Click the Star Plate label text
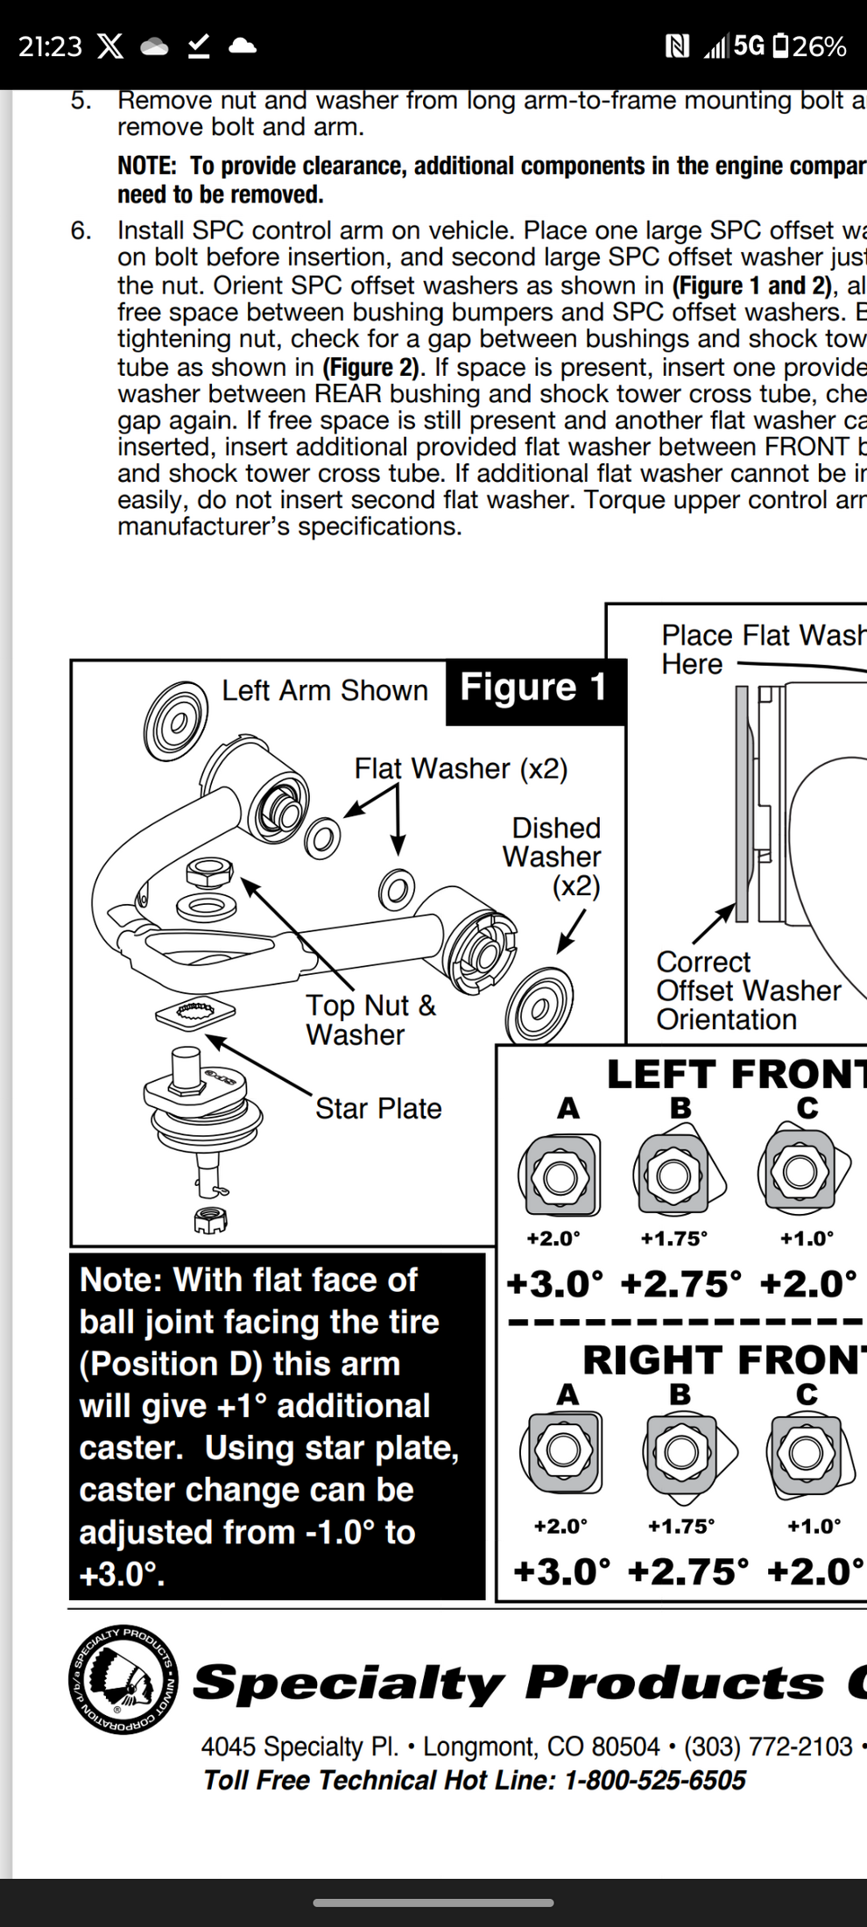tap(378, 1108)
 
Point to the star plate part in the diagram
tap(194, 1013)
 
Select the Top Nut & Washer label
tap(370, 1020)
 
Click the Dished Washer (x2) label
tap(553, 857)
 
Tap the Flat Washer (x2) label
tap(461, 768)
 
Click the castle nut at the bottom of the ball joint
tap(210, 1219)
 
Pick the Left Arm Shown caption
tap(324, 690)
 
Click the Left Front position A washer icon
tap(559, 1175)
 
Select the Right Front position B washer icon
tap(680, 1453)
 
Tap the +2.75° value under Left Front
tap(680, 1284)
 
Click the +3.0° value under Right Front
tap(561, 1571)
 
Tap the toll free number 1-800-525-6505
tap(655, 1781)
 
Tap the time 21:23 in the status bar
tap(50, 46)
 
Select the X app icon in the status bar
tap(109, 46)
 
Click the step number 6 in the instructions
tap(81, 230)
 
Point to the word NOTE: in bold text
tap(147, 166)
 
